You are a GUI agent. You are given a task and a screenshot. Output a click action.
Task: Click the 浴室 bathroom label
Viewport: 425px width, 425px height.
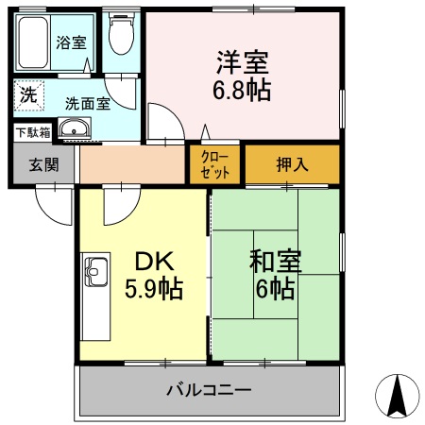point(70,42)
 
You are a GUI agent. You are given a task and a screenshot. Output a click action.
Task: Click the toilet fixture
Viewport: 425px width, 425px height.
point(120,36)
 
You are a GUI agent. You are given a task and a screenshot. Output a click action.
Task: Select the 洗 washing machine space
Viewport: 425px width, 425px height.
point(28,95)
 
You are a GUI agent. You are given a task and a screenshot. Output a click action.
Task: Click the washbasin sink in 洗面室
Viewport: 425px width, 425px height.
point(73,129)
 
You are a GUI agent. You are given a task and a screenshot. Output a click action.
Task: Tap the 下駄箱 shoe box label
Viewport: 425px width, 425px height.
point(32,131)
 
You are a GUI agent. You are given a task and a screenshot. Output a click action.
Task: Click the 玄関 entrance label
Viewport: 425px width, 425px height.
point(43,164)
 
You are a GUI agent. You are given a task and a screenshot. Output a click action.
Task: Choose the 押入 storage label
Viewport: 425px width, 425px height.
point(291,164)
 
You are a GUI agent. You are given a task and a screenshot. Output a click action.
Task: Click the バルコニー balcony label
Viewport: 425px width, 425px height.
point(209,389)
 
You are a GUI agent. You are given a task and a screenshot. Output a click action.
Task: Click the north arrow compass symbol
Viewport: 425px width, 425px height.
point(398,395)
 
